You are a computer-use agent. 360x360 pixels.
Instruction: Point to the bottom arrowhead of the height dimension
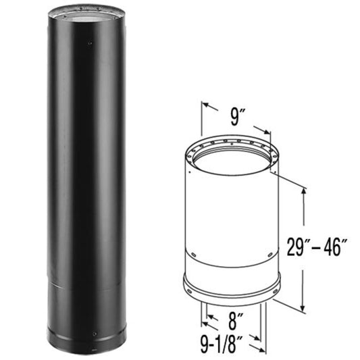click(x=305, y=303)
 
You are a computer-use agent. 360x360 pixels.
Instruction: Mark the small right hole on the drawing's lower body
click(x=268, y=254)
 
